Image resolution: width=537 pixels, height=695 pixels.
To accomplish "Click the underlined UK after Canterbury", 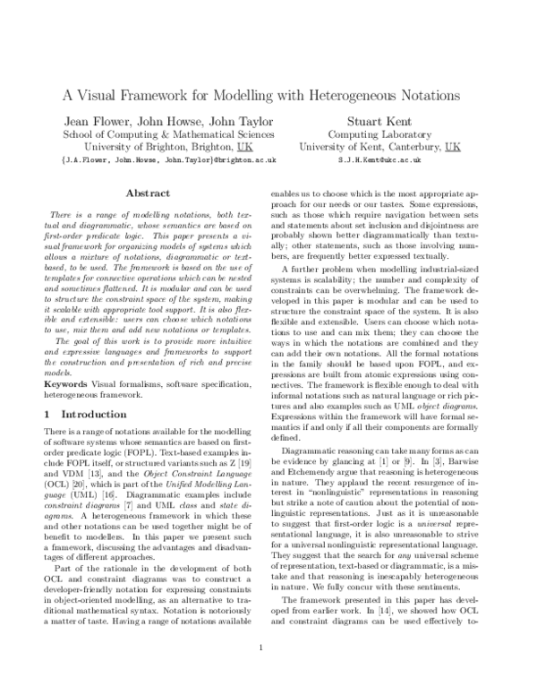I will point(453,145).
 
